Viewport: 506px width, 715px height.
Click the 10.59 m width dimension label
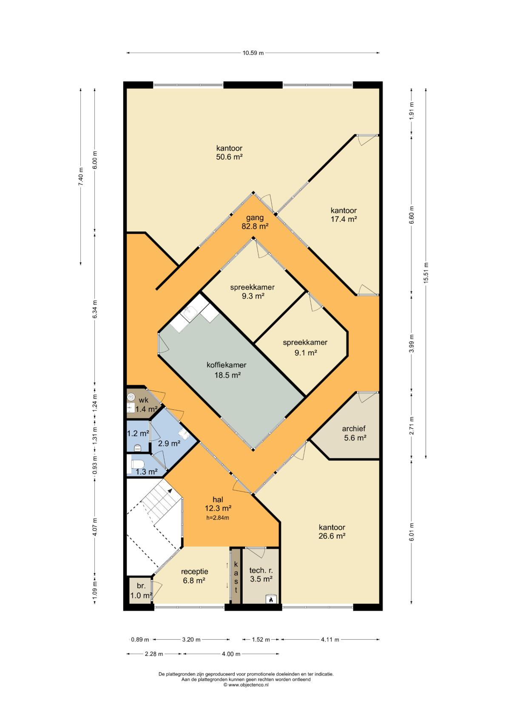[253, 53]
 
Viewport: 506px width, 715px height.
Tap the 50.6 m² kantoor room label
[229, 153]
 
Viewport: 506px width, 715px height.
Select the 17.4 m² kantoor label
[344, 215]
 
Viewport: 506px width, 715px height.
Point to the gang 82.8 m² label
[255, 222]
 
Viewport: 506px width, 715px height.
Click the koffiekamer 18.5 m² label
[227, 370]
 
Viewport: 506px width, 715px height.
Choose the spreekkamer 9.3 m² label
[253, 292]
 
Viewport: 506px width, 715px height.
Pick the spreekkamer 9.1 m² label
[305, 348]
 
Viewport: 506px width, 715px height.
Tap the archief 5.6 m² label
[354, 433]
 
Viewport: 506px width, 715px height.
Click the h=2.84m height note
[218, 517]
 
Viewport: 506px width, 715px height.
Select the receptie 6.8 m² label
[194, 576]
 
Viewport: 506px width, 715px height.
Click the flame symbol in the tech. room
[271, 600]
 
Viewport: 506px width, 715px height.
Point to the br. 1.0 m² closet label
[141, 591]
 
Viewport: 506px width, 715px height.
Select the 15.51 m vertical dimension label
[426, 273]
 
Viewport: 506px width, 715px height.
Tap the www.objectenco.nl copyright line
[246, 685]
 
